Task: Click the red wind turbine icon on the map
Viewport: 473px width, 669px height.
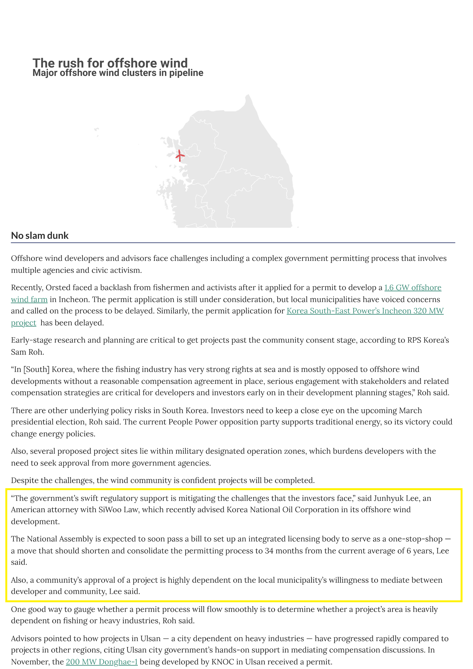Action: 180,156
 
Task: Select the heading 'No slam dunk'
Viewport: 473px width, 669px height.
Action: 40,236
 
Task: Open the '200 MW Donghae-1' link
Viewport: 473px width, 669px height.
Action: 102,662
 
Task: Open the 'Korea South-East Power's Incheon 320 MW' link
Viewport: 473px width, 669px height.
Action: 365,311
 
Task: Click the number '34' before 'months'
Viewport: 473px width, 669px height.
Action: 269,551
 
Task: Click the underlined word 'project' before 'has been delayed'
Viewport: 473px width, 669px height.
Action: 24,323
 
